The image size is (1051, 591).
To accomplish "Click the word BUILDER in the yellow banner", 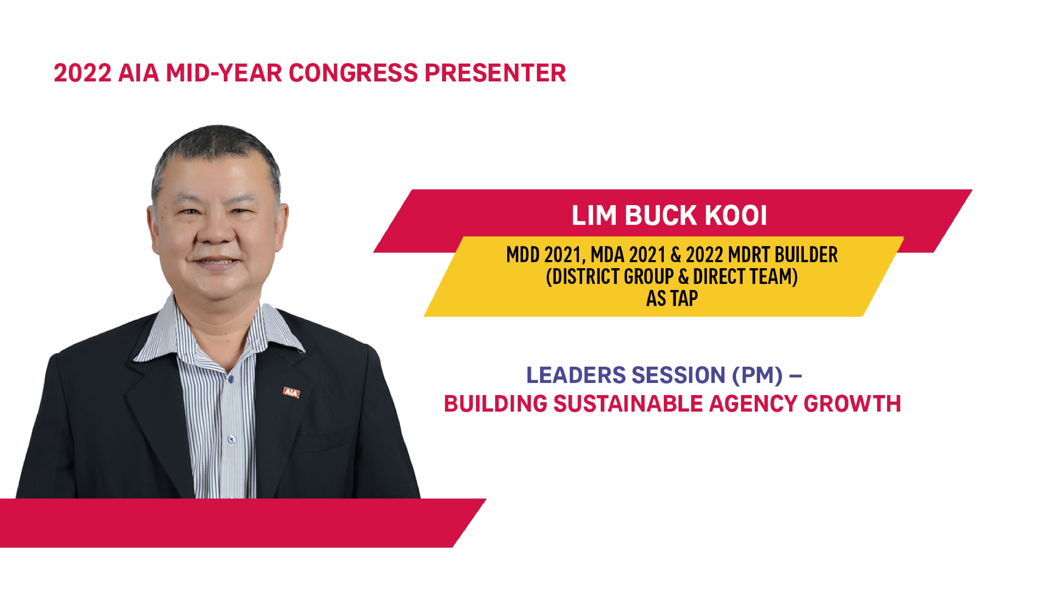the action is tap(806, 255).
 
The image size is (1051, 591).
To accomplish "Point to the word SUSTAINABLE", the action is tap(628, 404).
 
